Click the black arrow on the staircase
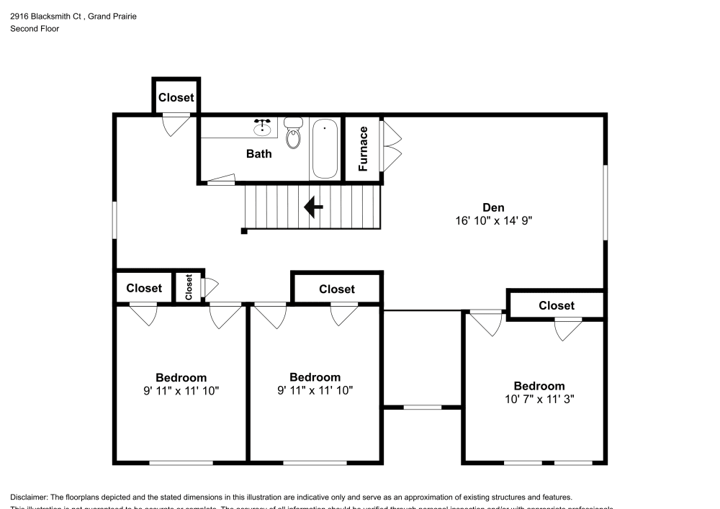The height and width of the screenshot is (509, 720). [313, 207]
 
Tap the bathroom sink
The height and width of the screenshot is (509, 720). [263, 129]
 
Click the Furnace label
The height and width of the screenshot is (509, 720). [364, 148]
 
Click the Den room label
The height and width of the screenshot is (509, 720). [493, 208]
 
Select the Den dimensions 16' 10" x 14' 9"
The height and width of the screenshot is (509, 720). [493, 222]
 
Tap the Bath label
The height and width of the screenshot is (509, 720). [258, 153]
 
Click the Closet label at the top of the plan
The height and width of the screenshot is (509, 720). [176, 97]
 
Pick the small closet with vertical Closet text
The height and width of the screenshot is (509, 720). [189, 288]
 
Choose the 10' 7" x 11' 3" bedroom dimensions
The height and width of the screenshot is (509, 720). [539, 399]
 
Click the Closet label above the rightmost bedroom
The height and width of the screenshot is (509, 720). [556, 305]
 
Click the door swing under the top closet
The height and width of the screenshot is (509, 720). [175, 125]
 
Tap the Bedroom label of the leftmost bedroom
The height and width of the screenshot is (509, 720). [181, 377]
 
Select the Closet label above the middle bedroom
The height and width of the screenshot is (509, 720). [336, 289]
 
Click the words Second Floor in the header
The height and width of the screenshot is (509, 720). [35, 29]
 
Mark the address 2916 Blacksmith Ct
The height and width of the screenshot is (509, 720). [45, 16]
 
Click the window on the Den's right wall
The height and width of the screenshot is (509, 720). [606, 204]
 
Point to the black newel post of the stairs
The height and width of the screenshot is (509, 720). [244, 231]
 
